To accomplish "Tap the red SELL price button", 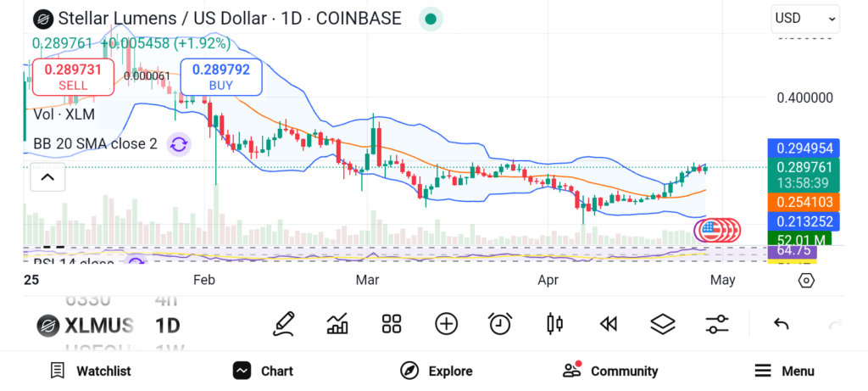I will [73, 77].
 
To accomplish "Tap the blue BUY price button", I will [220, 77].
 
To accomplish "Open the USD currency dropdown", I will [804, 18].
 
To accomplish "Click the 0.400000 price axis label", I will [805, 98].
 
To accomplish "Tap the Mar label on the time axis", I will [367, 279].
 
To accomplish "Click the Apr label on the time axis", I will [548, 279].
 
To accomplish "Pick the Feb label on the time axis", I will [204, 279].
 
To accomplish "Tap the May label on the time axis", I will [722, 279].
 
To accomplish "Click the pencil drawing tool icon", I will [284, 323].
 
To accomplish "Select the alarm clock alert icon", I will [500, 323].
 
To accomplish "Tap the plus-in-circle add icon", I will [446, 323].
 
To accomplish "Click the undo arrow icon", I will [782, 323].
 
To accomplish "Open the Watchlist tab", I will [91, 371].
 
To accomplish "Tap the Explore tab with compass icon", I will [436, 371].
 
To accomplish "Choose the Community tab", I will [610, 371].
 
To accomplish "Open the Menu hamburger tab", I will [784, 371].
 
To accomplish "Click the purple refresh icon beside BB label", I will [179, 144].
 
